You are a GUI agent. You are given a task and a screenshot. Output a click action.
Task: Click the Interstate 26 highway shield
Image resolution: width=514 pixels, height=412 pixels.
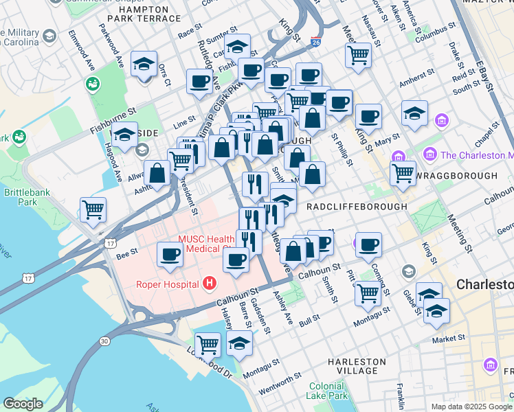click(315, 43)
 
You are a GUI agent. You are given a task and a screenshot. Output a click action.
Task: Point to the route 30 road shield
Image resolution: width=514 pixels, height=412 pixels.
click(104, 341)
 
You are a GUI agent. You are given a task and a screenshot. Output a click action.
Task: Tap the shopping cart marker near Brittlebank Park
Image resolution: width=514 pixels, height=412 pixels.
click(93, 209)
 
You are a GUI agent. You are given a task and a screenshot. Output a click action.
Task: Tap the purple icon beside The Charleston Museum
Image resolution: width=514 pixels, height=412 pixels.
click(430, 154)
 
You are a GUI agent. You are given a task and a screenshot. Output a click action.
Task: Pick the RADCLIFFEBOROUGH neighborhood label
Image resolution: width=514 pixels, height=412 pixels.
click(357, 206)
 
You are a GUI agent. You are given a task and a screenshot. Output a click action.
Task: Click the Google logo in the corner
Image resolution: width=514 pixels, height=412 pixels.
click(23, 404)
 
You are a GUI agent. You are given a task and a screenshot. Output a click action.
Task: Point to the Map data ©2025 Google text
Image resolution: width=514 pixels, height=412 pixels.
click(471, 407)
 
